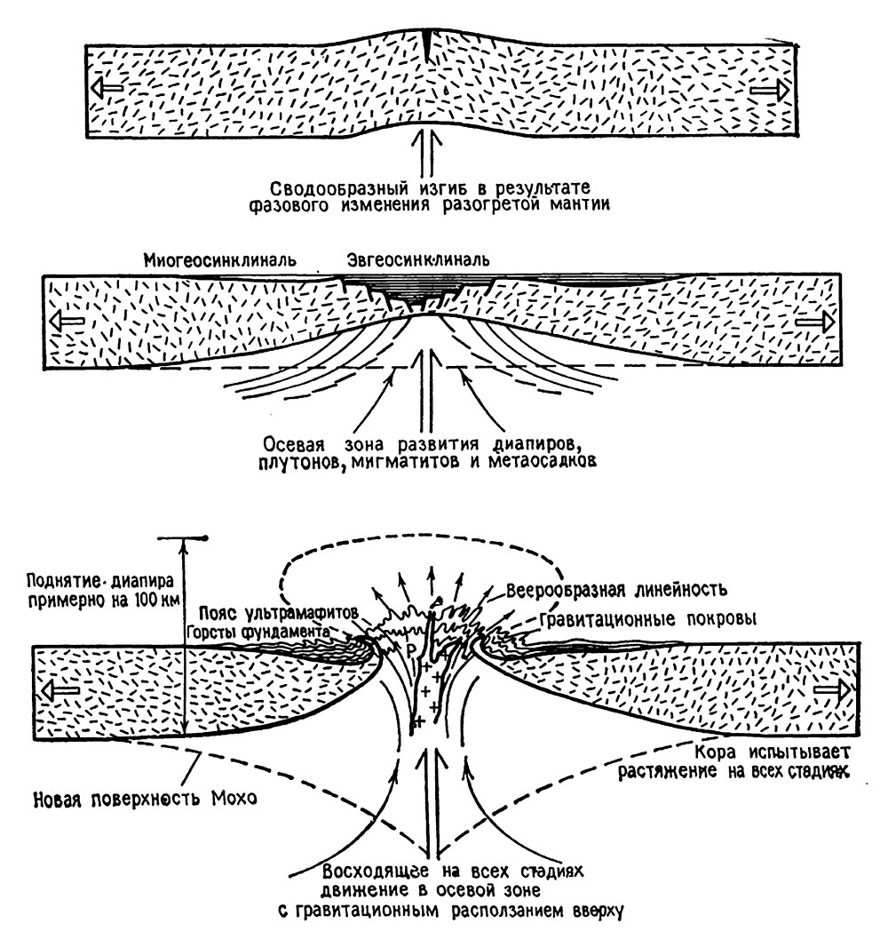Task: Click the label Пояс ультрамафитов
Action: tap(269, 612)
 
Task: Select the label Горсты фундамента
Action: tap(258, 631)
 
